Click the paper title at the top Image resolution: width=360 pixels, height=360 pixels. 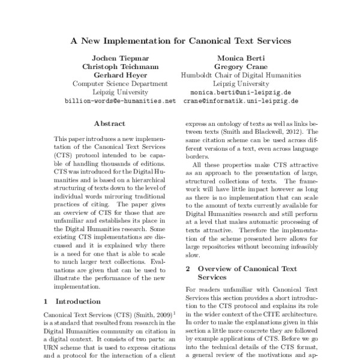tap(180, 41)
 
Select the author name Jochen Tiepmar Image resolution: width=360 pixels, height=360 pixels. tap(119, 58)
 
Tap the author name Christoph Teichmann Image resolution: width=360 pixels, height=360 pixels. tap(119, 66)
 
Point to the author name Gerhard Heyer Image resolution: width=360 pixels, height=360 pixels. tap(119, 75)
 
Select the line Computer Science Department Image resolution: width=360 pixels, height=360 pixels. tap(119, 84)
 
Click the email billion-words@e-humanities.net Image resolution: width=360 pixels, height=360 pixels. tap(119, 102)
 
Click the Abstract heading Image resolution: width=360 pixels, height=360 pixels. tap(110, 124)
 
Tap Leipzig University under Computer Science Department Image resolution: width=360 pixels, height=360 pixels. tap(119, 93)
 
